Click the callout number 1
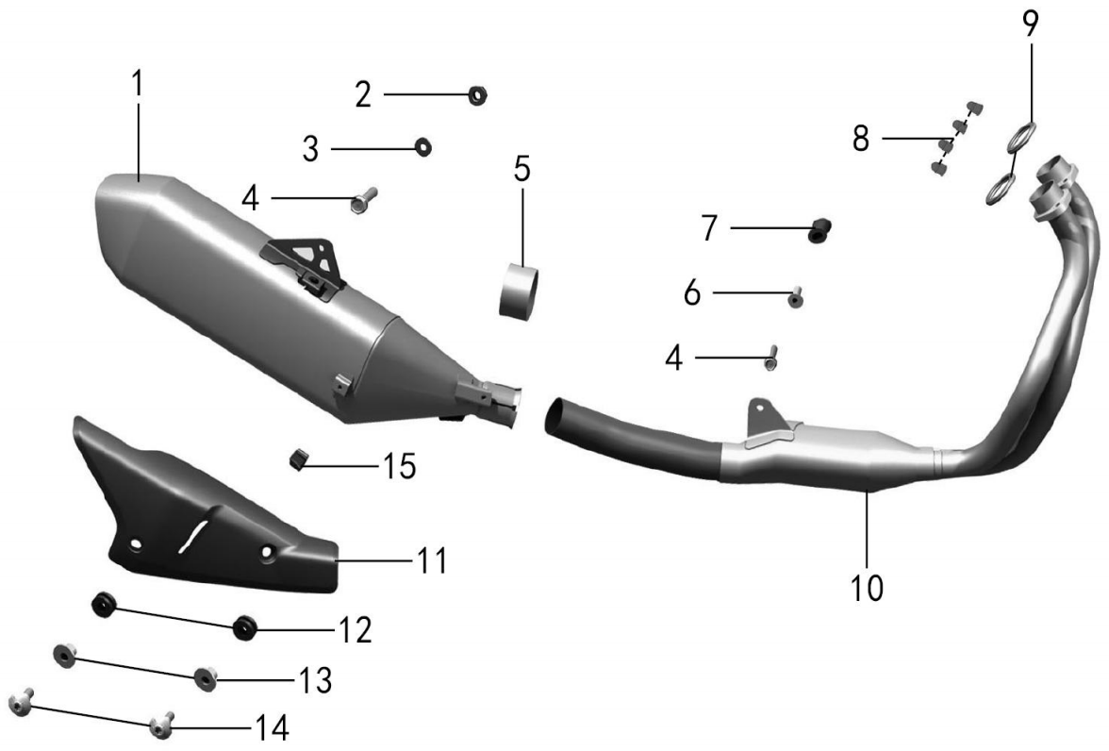pyautogui.click(x=138, y=84)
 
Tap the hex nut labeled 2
pyautogui.click(x=477, y=95)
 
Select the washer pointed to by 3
pyautogui.click(x=422, y=147)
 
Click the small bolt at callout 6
pyautogui.click(x=796, y=298)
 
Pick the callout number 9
pyautogui.click(x=1031, y=25)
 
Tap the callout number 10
pyautogui.click(x=868, y=588)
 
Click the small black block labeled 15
pyautogui.click(x=298, y=459)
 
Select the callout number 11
pyautogui.click(x=432, y=560)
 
